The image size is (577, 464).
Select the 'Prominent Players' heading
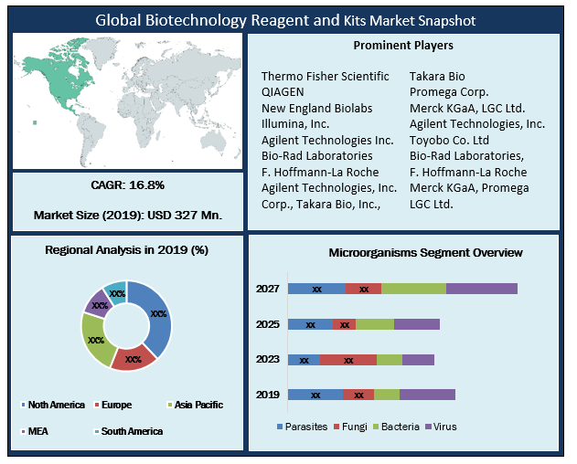(403, 45)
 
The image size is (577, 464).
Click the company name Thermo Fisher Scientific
(325, 76)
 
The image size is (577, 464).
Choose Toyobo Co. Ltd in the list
(449, 140)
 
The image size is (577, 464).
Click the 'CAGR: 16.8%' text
(128, 185)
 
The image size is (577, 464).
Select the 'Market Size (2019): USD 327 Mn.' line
(128, 216)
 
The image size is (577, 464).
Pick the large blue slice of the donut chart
(156, 315)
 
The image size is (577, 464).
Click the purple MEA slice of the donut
(96, 301)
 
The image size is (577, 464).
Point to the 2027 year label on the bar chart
(268, 289)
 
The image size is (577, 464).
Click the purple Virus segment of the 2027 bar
(481, 289)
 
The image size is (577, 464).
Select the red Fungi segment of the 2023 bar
(347, 360)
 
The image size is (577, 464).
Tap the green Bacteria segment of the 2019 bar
(387, 395)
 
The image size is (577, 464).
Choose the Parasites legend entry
(301, 427)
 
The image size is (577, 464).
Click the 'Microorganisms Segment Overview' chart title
(425, 252)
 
